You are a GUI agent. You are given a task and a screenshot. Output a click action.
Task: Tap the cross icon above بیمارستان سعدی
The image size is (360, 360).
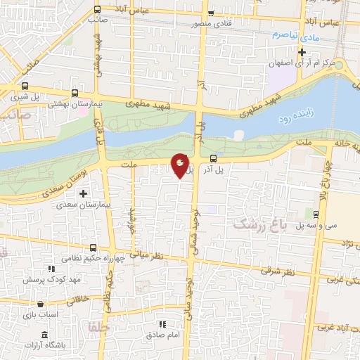coord(84,193)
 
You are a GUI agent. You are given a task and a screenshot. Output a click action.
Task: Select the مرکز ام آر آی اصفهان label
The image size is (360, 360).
coord(304,64)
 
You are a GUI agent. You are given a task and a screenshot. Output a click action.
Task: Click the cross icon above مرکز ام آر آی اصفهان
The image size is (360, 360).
coord(302,52)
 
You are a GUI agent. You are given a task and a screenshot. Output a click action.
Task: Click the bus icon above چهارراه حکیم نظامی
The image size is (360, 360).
coord(94,248)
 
